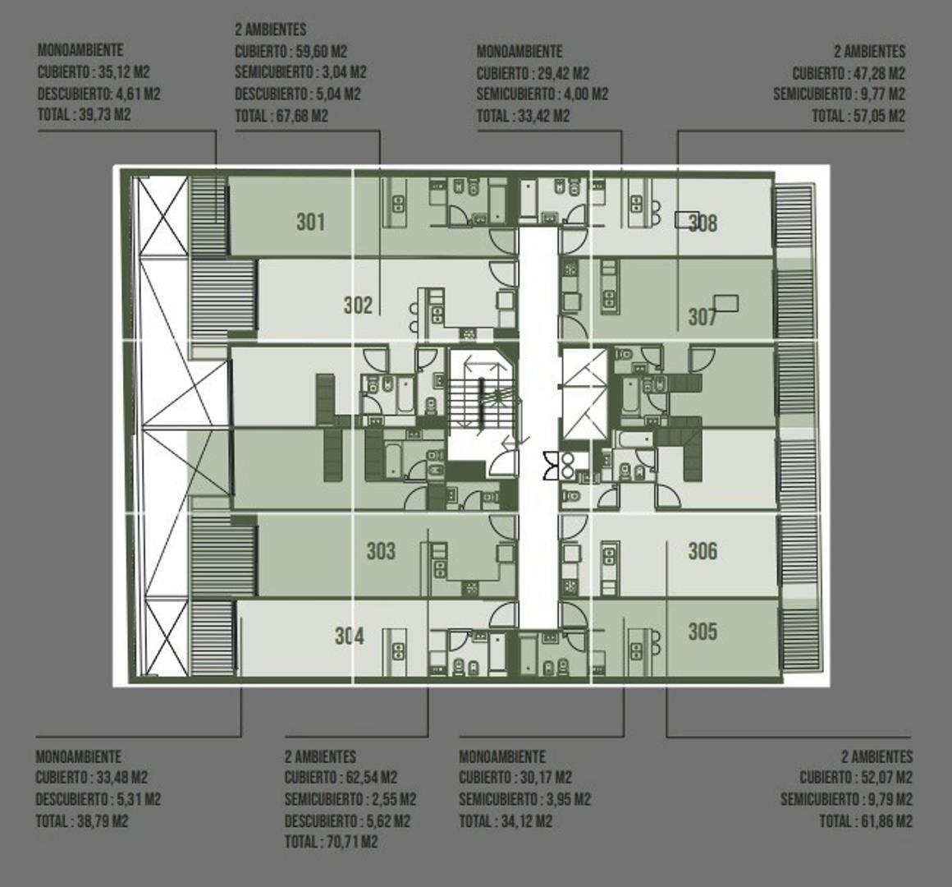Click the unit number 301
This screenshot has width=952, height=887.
tap(310, 222)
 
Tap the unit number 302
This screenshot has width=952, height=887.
tap(358, 306)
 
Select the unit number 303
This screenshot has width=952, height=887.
tap(381, 551)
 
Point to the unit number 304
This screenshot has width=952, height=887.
tap(350, 637)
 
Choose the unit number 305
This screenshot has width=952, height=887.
tap(703, 632)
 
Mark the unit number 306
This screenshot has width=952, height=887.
tap(703, 551)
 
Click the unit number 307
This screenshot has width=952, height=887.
tap(703, 317)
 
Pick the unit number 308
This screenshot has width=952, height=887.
tap(704, 223)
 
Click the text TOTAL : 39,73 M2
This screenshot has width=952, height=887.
tap(84, 115)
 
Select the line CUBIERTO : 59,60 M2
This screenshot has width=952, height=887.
tap(291, 51)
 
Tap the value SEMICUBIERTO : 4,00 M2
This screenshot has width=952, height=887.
tap(542, 94)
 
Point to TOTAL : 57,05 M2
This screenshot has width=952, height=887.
tap(858, 116)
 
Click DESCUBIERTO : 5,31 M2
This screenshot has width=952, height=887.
tap(98, 799)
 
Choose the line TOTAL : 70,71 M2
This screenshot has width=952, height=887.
tap(331, 842)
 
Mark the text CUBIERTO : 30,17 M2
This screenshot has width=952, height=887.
tap(515, 778)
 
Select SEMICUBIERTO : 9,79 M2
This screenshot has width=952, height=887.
tap(846, 799)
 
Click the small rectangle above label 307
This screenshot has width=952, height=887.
tap(725, 303)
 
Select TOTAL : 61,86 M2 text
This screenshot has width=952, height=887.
tap(865, 820)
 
